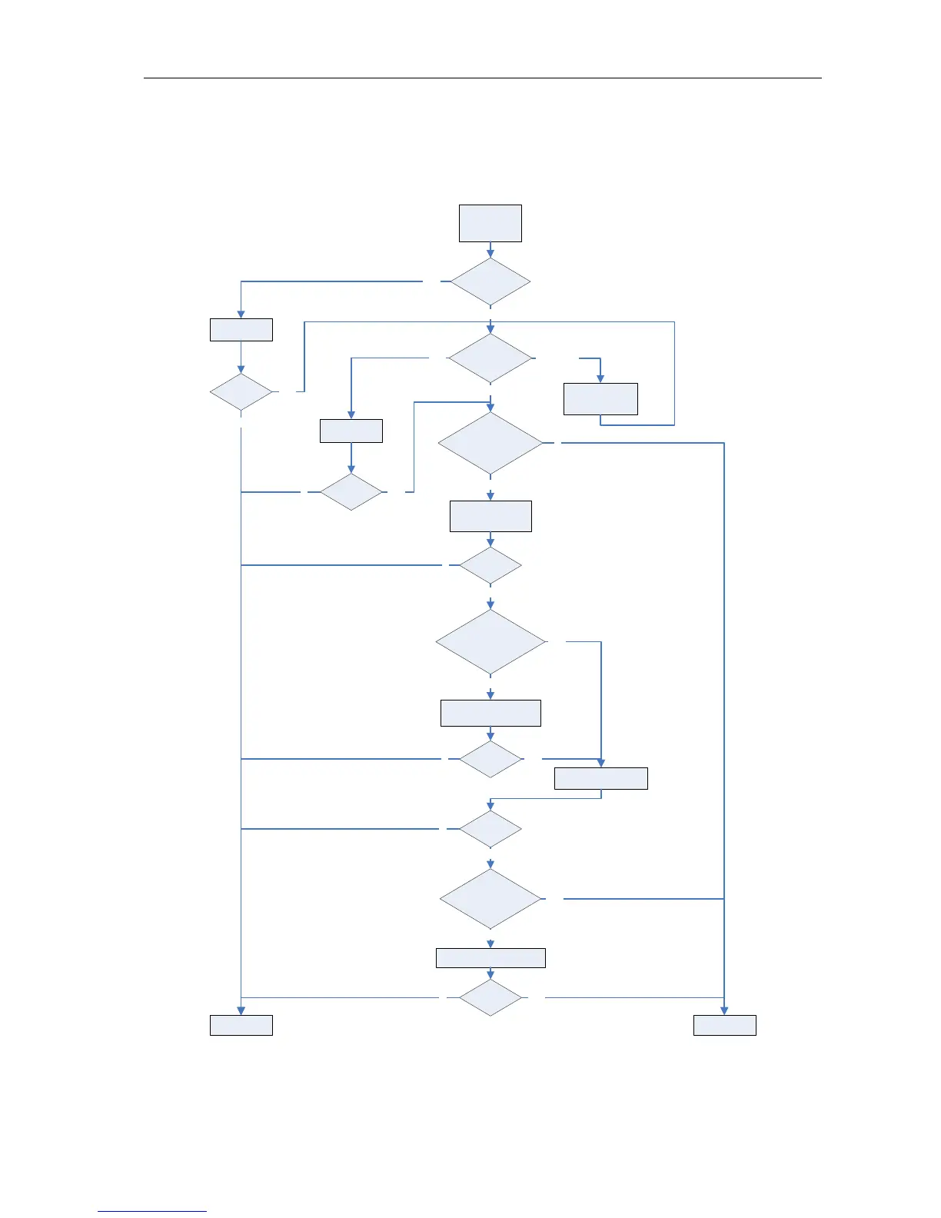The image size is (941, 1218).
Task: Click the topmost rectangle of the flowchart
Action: (x=490, y=223)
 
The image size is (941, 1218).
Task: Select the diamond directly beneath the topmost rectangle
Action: (x=490, y=281)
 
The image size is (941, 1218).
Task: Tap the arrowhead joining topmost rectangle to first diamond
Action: (x=490, y=252)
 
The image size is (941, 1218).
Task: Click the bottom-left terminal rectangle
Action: (x=241, y=1025)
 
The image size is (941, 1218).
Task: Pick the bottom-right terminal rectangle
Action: (x=725, y=1025)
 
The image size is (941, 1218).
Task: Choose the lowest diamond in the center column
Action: (x=490, y=997)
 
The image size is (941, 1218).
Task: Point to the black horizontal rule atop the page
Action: (x=483, y=78)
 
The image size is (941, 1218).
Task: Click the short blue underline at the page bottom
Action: (x=152, y=1211)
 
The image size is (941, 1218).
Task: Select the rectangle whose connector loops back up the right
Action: (x=600, y=399)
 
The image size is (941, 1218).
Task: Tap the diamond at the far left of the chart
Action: (x=241, y=392)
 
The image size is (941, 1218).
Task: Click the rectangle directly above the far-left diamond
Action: (x=241, y=329)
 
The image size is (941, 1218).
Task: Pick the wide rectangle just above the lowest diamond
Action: (x=490, y=957)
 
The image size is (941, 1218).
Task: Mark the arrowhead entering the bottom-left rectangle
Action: (x=241, y=1010)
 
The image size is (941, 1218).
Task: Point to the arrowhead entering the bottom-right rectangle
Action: (x=724, y=1010)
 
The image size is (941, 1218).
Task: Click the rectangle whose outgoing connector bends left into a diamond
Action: (x=600, y=778)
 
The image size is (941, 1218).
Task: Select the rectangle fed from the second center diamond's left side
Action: (x=351, y=431)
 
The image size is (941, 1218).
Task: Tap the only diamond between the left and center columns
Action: (x=351, y=491)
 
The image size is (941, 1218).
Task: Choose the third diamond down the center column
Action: (x=490, y=443)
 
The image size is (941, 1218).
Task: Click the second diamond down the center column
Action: (x=490, y=358)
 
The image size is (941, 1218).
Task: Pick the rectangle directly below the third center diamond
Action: (x=490, y=516)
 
